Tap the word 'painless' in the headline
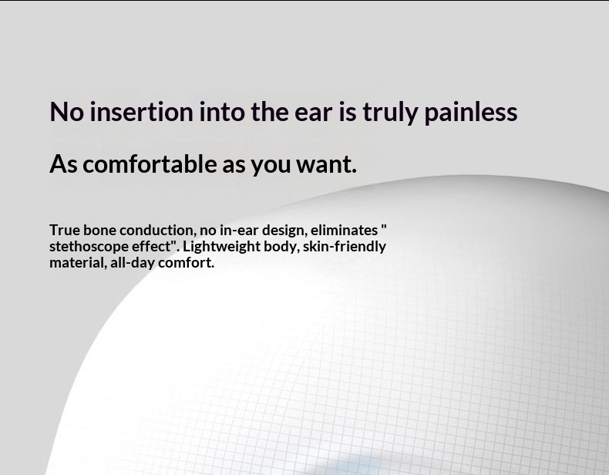[470, 112]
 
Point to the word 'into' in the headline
[222, 112]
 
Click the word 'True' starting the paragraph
[65, 230]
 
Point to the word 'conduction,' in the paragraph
[157, 230]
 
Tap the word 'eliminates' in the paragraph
[343, 230]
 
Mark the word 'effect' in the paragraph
[151, 246]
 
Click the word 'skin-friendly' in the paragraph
[344, 246]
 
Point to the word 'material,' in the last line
[76, 262]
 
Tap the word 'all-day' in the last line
[133, 263]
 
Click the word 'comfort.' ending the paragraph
[187, 262]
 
